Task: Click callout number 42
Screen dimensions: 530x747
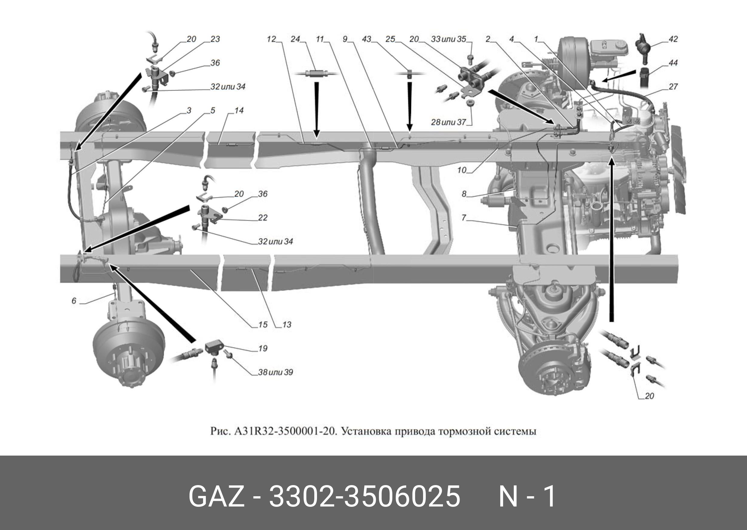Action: coord(673,39)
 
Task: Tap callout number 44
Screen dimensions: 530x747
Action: coord(673,63)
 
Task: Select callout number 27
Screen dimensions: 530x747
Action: coord(673,87)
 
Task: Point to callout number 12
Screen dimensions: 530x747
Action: coord(271,39)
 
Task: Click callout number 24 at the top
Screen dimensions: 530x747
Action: coord(295,39)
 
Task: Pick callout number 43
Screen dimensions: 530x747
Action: coord(366,39)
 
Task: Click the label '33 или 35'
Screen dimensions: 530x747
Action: coord(448,39)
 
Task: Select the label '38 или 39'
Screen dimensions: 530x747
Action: coord(275,372)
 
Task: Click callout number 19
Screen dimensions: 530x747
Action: coord(263,349)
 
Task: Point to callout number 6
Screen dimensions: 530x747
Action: coord(74,301)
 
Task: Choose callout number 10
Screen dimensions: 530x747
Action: coord(461,170)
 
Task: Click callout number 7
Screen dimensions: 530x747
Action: coord(464,218)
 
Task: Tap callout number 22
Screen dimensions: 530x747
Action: coord(263,218)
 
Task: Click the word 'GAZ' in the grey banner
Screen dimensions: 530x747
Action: coord(216,496)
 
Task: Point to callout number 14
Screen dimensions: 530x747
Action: coord(239,111)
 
